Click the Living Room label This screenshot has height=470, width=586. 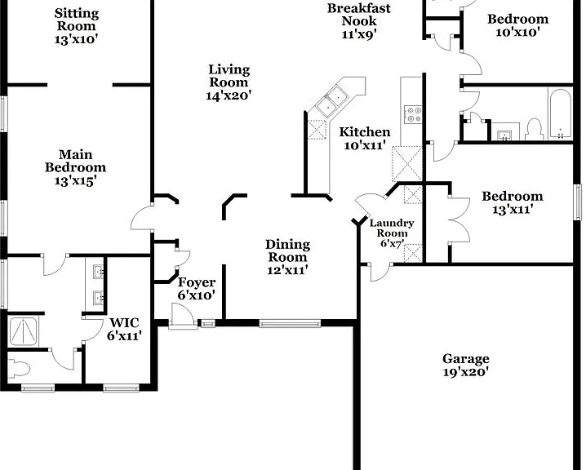[229, 76]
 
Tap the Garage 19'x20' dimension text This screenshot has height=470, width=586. [466, 372]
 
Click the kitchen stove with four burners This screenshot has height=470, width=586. [414, 115]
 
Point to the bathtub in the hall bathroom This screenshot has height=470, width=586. [560, 113]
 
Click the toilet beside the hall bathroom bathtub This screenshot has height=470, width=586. [534, 129]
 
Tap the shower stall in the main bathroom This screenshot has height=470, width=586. [23, 332]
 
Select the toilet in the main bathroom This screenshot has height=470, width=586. [18, 369]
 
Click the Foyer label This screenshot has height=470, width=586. [197, 282]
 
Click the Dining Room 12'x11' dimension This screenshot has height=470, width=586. [288, 270]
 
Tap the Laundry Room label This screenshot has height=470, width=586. [392, 228]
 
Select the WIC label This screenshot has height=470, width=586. [124, 322]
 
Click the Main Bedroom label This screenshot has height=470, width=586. [75, 161]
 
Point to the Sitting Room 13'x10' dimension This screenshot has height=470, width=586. [76, 39]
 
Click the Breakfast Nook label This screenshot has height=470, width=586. [359, 15]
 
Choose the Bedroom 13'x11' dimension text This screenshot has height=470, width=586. [512, 210]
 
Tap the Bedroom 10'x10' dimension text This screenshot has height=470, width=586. [518, 32]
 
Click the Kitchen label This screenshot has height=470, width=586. [365, 132]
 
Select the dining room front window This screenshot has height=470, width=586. [290, 323]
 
